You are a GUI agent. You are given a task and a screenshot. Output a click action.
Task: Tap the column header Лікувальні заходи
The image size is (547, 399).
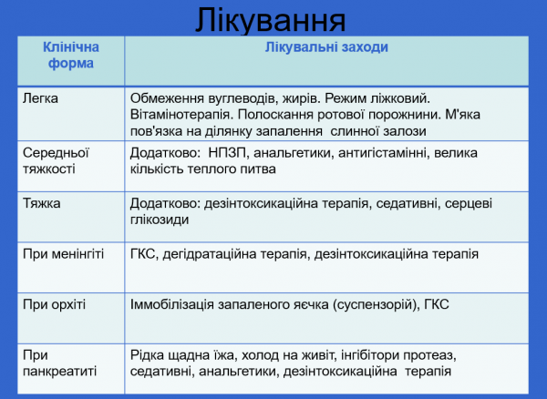tap(326, 47)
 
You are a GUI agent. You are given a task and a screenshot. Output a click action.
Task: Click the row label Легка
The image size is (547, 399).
tap(40, 97)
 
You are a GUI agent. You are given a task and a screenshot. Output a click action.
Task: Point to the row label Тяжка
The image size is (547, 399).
tap(42, 203)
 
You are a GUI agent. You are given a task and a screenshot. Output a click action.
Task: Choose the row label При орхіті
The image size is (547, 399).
tap(55, 303)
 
